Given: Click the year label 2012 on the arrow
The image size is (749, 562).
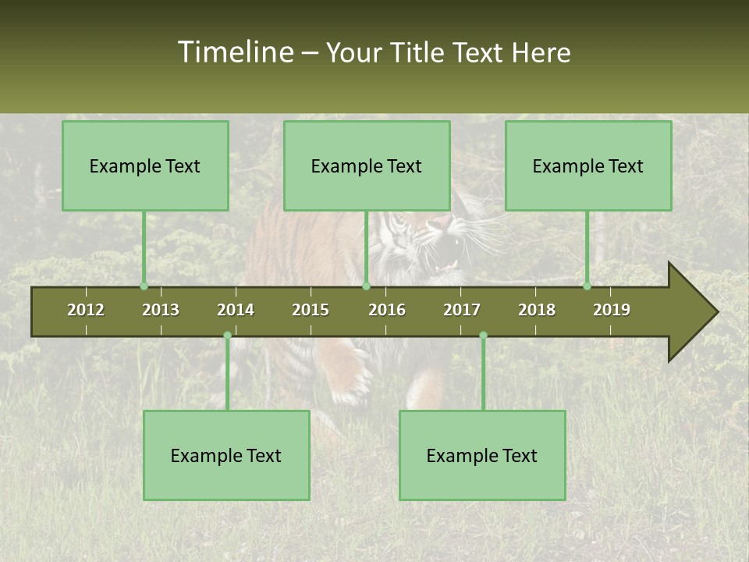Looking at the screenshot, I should (x=86, y=310).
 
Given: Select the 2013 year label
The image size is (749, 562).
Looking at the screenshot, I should (x=161, y=310).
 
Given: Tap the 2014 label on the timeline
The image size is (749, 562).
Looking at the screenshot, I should (x=236, y=310).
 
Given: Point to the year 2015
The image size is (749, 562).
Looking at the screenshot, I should (x=311, y=310).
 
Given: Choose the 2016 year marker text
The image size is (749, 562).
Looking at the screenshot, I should (x=387, y=310).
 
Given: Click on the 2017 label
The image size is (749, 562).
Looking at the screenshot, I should (x=462, y=310).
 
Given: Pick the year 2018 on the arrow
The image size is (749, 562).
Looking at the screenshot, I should (x=537, y=310).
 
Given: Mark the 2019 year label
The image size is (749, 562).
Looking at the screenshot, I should (x=612, y=310).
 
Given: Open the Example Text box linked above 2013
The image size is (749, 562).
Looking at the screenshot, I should (x=145, y=165).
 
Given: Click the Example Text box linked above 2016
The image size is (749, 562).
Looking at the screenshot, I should (x=367, y=165).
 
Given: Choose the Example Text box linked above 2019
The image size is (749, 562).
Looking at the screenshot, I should (x=588, y=165).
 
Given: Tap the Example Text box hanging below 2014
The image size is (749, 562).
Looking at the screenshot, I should (x=226, y=455).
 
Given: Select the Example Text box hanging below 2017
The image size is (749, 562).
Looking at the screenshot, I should (x=482, y=455).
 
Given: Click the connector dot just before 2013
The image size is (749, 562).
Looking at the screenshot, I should (x=144, y=286).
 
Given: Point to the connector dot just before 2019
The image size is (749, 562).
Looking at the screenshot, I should (x=587, y=286).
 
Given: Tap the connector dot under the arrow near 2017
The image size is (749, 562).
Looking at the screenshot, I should (x=483, y=335).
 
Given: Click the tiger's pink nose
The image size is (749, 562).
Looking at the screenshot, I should (x=442, y=223).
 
